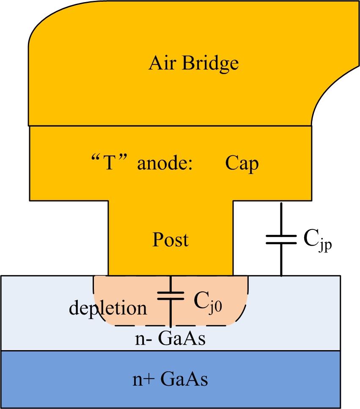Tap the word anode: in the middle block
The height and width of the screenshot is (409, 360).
(165, 163)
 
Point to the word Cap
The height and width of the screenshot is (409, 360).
(241, 163)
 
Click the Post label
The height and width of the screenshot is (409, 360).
(170, 240)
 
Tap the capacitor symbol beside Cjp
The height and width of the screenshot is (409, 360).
(281, 240)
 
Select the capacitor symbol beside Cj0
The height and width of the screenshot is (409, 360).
(170, 295)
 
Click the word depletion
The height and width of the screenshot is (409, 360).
(108, 308)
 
